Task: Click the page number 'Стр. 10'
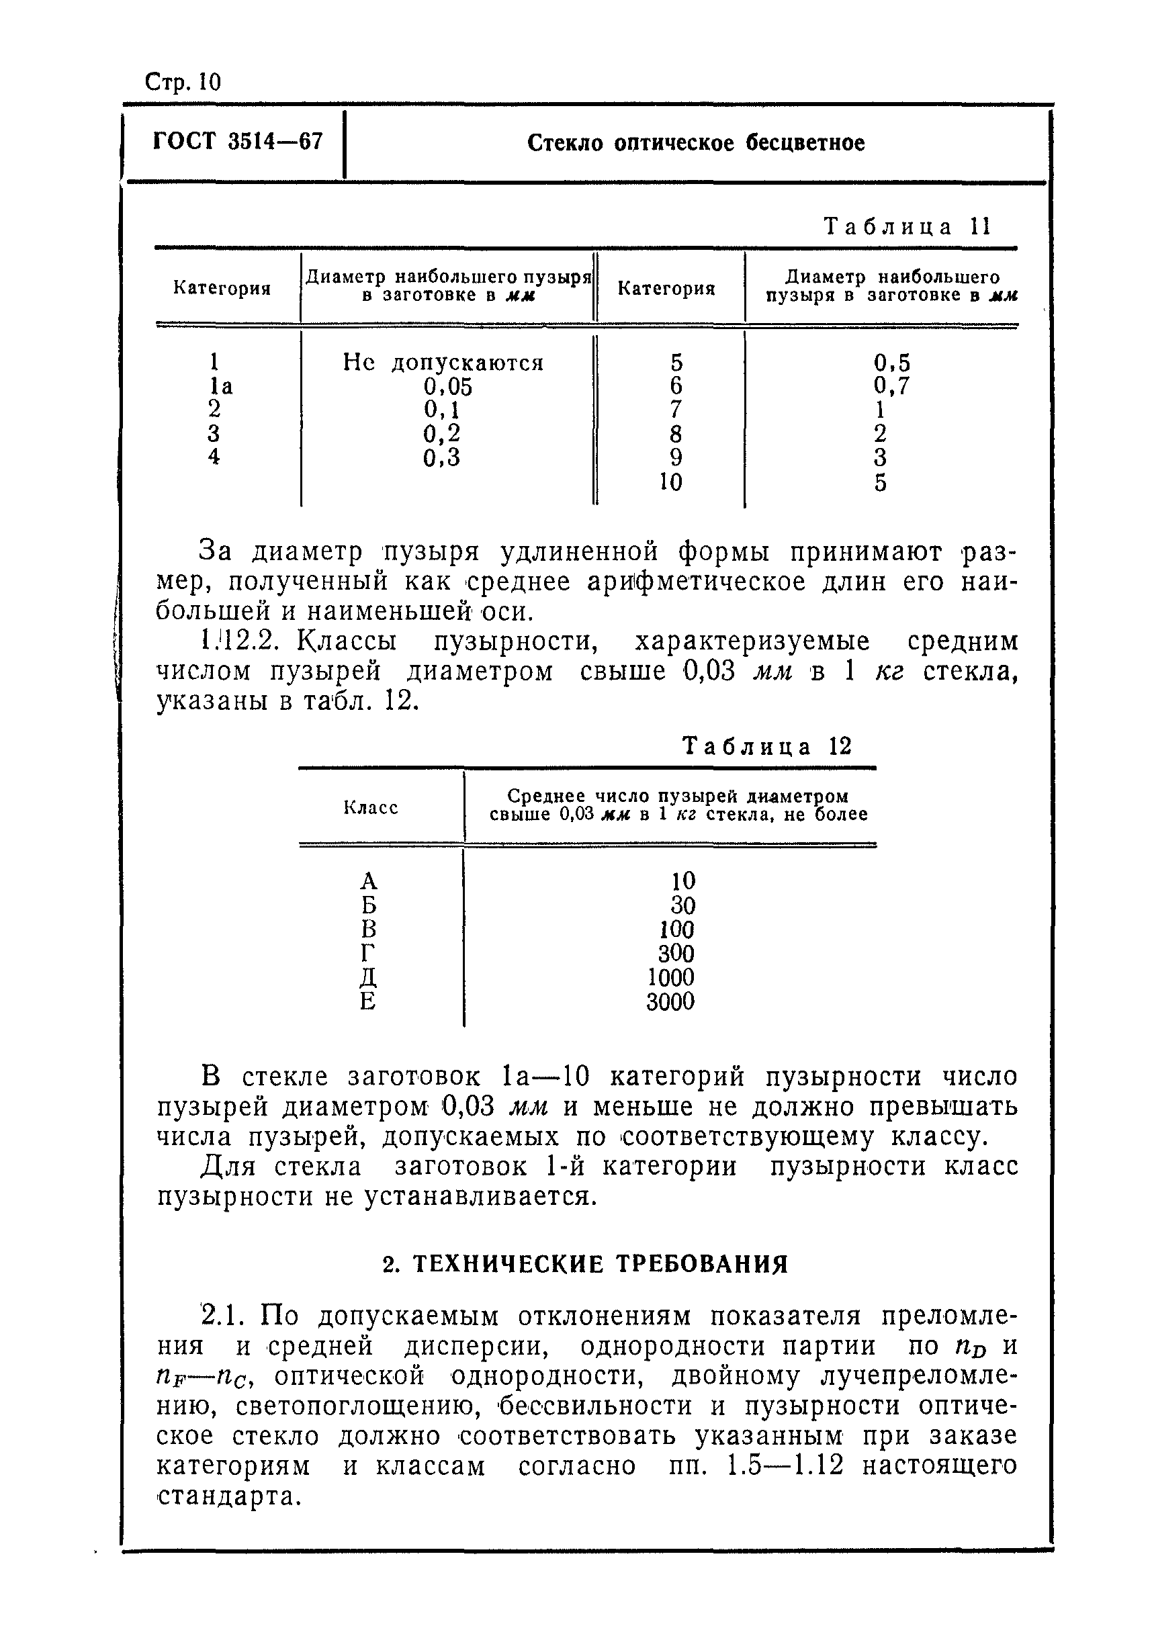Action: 183,83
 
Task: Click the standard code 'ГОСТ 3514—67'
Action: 238,142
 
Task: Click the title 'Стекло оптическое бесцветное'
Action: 695,143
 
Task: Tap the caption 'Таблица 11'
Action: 907,226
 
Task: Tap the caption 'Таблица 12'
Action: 767,746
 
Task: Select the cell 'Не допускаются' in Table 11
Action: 443,363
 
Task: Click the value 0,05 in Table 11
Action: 447,387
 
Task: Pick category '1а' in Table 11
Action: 220,387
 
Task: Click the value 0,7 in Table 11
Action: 891,386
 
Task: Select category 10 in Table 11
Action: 670,482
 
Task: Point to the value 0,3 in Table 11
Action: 442,457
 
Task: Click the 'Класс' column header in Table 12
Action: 371,807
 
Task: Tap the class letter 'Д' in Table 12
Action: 368,978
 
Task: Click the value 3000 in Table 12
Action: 670,1002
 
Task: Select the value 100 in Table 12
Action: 676,929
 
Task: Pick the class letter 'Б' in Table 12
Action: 368,905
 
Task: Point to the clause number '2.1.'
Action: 222,1316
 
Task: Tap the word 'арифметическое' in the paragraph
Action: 696,582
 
